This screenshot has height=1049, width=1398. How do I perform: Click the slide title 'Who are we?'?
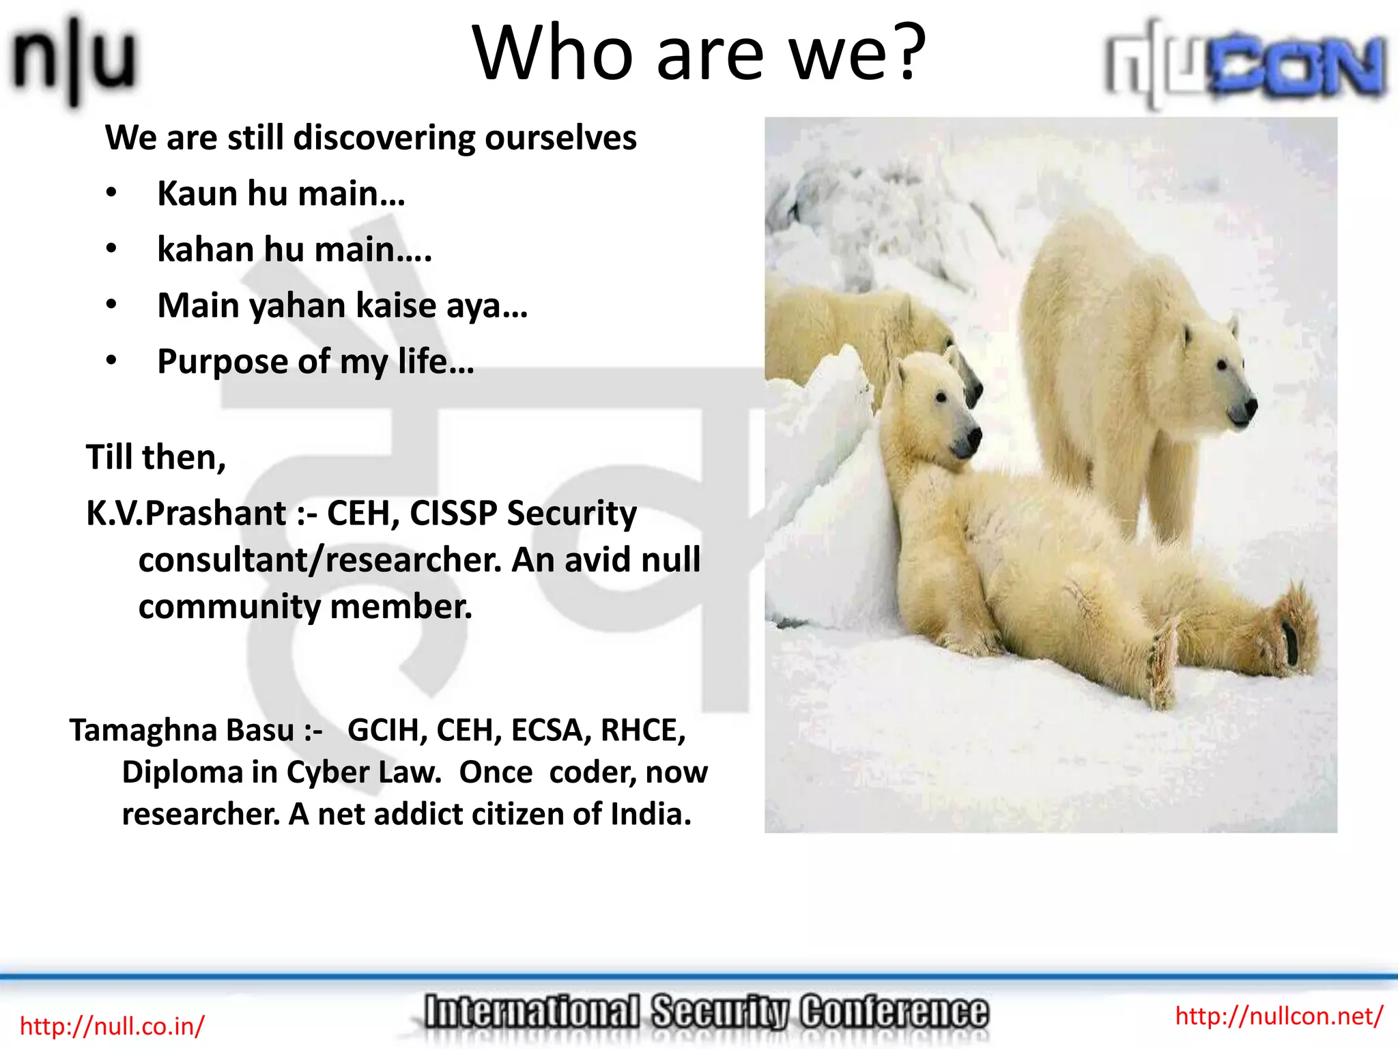coord(698,53)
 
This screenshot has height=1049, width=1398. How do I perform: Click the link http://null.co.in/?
coord(112,1026)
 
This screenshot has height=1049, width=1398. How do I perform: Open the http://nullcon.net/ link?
coord(1279,1016)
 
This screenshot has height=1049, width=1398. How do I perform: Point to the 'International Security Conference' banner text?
coord(705,1012)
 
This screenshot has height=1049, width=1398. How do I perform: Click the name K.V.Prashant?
coord(186,514)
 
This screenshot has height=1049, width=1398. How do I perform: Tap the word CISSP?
coord(453,514)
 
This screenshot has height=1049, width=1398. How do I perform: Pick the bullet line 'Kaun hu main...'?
coord(281,194)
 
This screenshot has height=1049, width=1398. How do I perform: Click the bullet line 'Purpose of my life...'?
coord(315,361)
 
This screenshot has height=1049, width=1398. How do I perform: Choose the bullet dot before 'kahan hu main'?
coord(111,249)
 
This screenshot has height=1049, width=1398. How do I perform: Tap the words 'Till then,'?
coord(156,457)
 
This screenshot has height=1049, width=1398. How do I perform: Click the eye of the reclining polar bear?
coord(941,397)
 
